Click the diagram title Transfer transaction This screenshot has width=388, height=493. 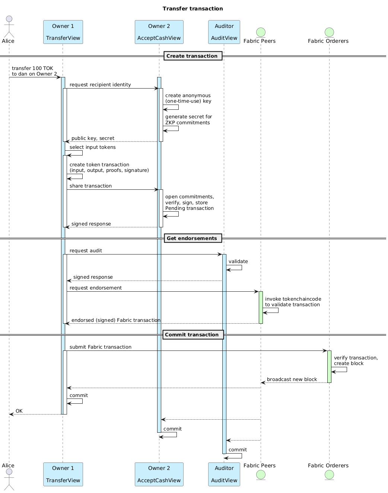click(193, 9)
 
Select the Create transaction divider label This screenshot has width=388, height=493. click(192, 56)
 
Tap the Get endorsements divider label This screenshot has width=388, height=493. click(192, 239)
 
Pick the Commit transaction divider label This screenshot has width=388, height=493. click(192, 335)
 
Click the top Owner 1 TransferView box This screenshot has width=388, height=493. click(63, 32)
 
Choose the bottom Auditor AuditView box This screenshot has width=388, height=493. click(224, 474)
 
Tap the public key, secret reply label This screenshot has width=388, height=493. click(93, 138)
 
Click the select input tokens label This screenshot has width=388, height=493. click(92, 147)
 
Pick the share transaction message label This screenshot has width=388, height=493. click(90, 186)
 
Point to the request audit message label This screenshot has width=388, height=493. click(86, 251)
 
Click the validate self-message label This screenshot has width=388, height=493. click(238, 262)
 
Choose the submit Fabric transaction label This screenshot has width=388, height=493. click(101, 347)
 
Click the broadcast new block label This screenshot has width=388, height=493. click(292, 380)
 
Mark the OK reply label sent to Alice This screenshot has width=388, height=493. click(19, 411)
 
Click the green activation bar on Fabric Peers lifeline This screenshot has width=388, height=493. click(261, 307)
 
